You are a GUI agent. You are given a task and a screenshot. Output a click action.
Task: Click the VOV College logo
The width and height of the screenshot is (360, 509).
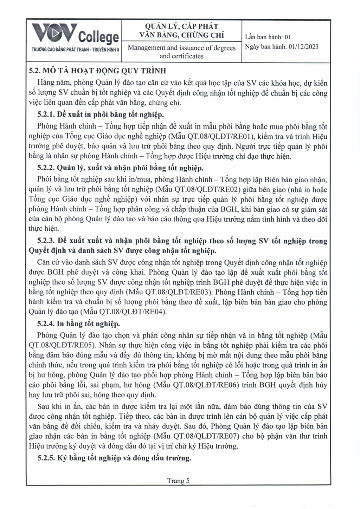pyautogui.click(x=75, y=34)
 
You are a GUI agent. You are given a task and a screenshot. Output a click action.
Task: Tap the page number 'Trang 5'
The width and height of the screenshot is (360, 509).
pyautogui.click(x=178, y=481)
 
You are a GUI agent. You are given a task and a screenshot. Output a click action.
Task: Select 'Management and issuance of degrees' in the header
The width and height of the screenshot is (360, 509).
pyautogui.click(x=181, y=48)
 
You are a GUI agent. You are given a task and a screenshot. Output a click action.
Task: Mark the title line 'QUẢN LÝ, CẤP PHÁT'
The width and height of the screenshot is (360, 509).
pyautogui.click(x=181, y=26)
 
